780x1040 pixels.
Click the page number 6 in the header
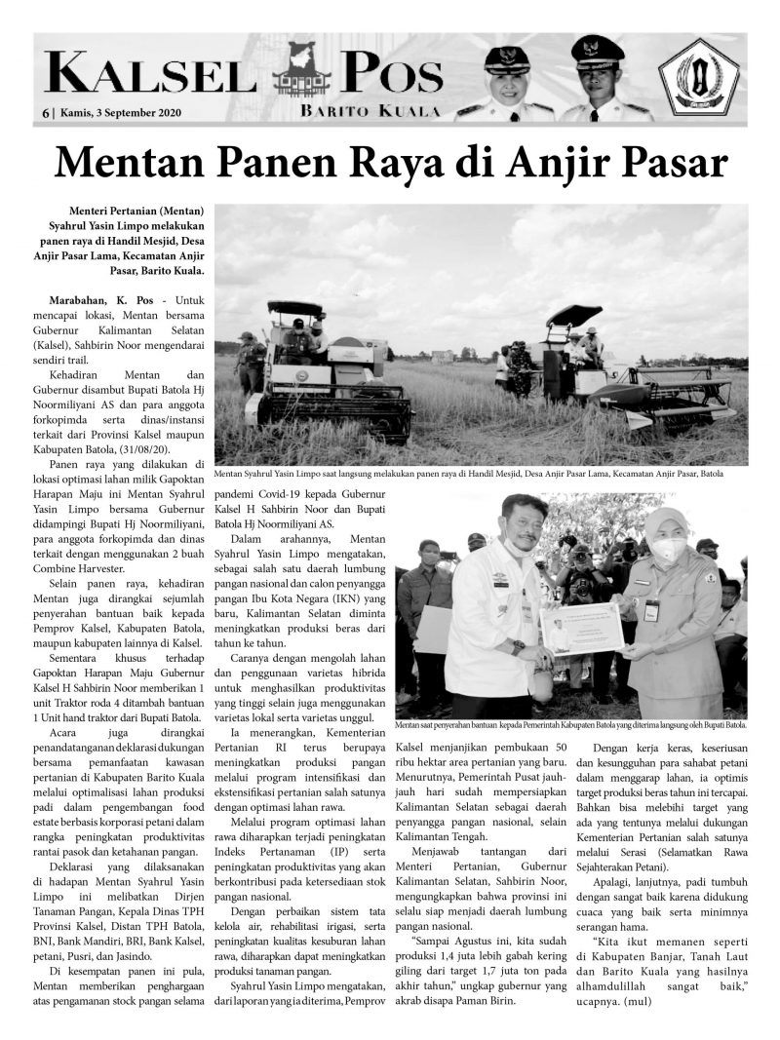click(45, 113)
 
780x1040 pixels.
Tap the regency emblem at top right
click(698, 78)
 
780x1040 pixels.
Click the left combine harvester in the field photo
click(327, 366)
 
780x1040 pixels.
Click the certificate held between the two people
click(581, 630)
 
